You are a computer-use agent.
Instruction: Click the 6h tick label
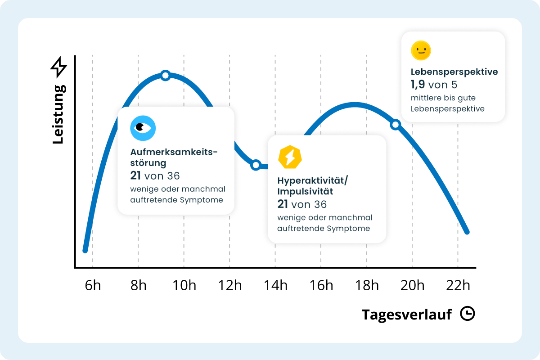93,285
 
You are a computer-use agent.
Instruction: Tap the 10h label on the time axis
184,285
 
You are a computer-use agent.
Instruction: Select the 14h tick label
275,285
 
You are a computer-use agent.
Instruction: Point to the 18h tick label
367,285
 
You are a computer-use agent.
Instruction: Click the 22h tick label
458,285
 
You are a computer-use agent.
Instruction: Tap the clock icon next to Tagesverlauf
468,314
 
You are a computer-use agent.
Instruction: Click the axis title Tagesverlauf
406,315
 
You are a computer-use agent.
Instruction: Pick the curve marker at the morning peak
165,75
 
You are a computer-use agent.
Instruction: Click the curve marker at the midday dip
256,165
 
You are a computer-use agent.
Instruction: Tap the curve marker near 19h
395,125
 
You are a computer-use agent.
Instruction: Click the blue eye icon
143,127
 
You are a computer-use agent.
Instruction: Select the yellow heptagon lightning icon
290,157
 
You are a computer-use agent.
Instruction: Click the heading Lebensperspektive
454,72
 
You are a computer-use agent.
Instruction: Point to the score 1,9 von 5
434,85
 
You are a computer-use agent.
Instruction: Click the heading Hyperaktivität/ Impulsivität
313,185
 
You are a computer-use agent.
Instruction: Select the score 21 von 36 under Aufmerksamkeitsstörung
155,175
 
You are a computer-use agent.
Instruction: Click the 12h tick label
230,285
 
